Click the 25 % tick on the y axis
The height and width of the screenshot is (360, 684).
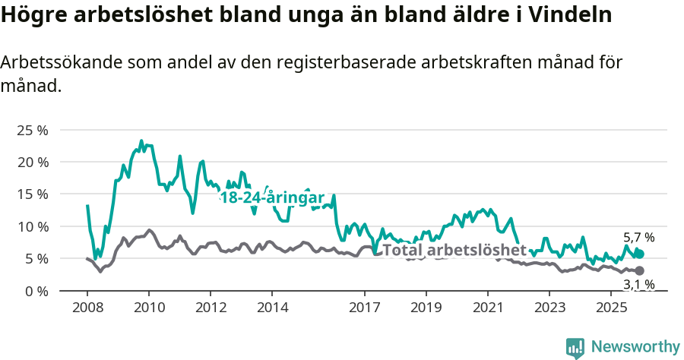click(32, 130)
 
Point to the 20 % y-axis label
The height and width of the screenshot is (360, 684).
click(32, 162)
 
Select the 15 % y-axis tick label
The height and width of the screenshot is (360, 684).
click(32, 194)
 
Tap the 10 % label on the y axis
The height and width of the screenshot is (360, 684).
click(32, 226)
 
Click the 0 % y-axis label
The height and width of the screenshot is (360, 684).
click(35, 291)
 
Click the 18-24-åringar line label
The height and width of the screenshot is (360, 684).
click(272, 197)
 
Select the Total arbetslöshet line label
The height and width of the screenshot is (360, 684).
click(454, 250)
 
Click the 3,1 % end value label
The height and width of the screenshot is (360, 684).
click(638, 285)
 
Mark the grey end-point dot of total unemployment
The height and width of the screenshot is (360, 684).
click(639, 271)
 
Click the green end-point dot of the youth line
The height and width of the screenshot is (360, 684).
click(639, 254)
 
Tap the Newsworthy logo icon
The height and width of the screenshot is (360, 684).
click(575, 348)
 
